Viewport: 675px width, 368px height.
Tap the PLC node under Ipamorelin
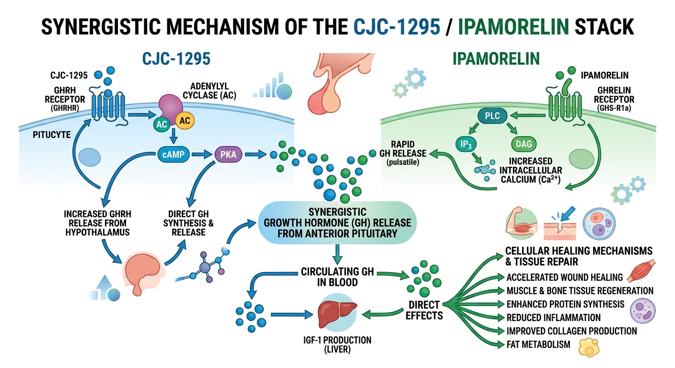tap(492, 115)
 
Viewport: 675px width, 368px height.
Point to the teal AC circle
tap(161, 124)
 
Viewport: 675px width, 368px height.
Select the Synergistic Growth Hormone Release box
tap(337, 222)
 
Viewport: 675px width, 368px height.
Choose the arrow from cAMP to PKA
tap(202, 155)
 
